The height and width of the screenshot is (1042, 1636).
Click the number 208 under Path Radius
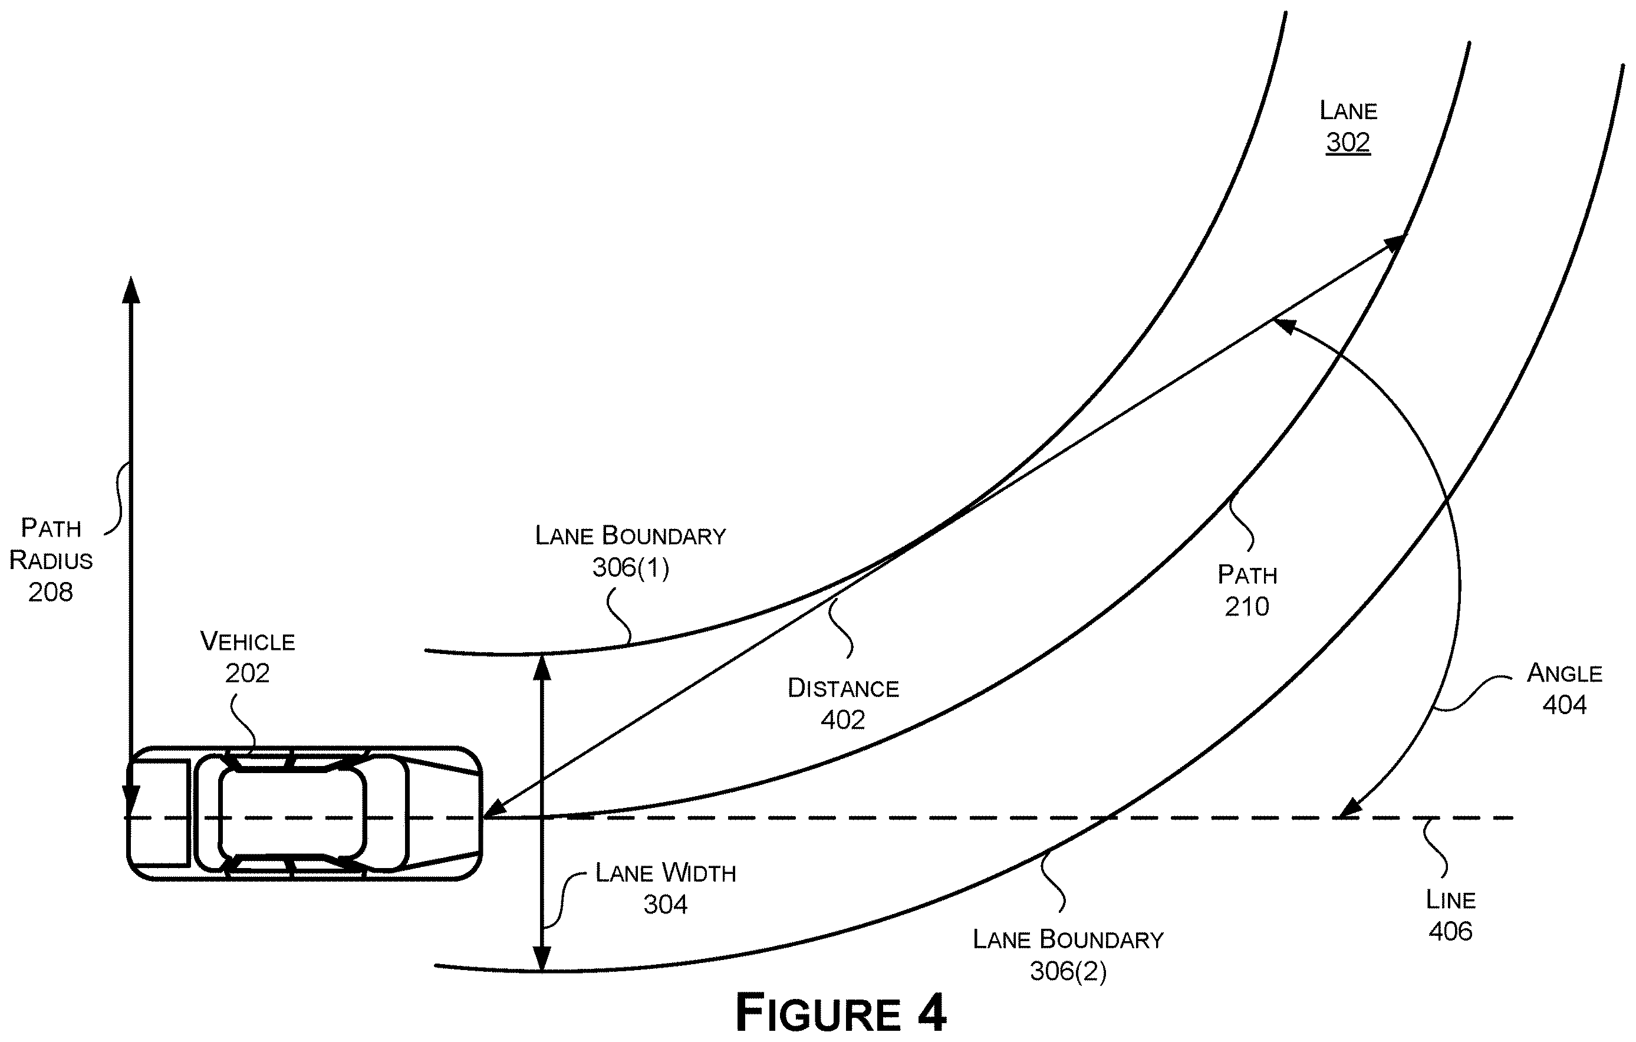click(50, 592)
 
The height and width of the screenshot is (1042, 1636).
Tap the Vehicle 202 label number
click(247, 673)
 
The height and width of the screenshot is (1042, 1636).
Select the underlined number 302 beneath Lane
click(1348, 142)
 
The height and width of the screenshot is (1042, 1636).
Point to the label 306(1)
click(630, 567)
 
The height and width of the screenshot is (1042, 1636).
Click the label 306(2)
click(1068, 971)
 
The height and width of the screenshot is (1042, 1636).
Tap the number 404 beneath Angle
click(1564, 704)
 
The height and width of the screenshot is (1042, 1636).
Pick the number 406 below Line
click(1450, 931)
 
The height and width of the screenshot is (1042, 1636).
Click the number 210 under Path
click(1247, 606)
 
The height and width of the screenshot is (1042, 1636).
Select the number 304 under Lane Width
click(665, 904)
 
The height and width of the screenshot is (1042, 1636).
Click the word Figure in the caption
click(819, 1013)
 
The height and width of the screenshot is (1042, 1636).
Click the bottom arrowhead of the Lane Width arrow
click(541, 958)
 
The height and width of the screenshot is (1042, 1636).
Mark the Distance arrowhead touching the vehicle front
click(495, 807)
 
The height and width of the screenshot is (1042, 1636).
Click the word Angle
click(1565, 673)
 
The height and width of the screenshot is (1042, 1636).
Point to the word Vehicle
click(247, 641)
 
